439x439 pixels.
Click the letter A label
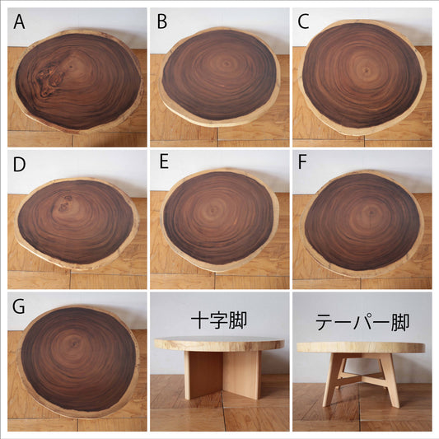pos(19,22)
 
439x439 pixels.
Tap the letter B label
pos(162,22)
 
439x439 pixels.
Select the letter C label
pos(303,22)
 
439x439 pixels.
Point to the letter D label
pos(19,165)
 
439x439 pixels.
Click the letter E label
pos(164,161)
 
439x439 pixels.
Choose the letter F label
pos(302,162)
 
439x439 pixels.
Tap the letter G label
pos(19,306)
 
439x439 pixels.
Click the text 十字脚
pos(219,320)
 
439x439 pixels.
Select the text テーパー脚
pos(362,322)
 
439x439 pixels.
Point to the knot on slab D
pos(65,203)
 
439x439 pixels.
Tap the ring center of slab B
pos(227,64)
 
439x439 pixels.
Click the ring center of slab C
pos(365,70)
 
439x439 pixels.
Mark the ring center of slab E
pos(213,209)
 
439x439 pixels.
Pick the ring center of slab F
pos(371,212)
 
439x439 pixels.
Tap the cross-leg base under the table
pos(222,375)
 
